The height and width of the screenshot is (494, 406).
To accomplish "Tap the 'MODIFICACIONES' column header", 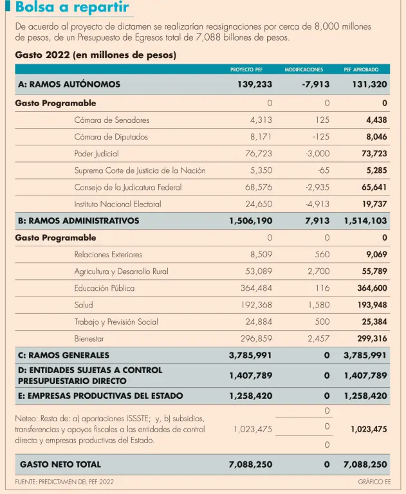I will click(x=304, y=69).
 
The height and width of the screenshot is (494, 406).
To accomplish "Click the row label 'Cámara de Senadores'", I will click(x=111, y=120).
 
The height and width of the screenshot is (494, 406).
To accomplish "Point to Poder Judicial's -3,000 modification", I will click(x=317, y=154).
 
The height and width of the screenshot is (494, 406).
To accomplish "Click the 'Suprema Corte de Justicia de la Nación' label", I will click(x=140, y=170).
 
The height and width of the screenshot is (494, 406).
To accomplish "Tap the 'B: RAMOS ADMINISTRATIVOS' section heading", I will click(x=78, y=221).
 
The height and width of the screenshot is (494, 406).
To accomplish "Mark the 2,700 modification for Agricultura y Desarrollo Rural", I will click(x=318, y=271).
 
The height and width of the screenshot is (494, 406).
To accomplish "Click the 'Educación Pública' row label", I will click(x=104, y=288).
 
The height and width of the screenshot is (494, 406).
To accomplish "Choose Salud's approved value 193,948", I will click(x=372, y=305).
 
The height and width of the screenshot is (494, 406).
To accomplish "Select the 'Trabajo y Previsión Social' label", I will click(x=116, y=322).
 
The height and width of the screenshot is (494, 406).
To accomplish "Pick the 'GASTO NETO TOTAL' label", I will click(x=60, y=464).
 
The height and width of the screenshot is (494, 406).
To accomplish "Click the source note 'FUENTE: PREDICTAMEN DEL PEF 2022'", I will click(x=64, y=482).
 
